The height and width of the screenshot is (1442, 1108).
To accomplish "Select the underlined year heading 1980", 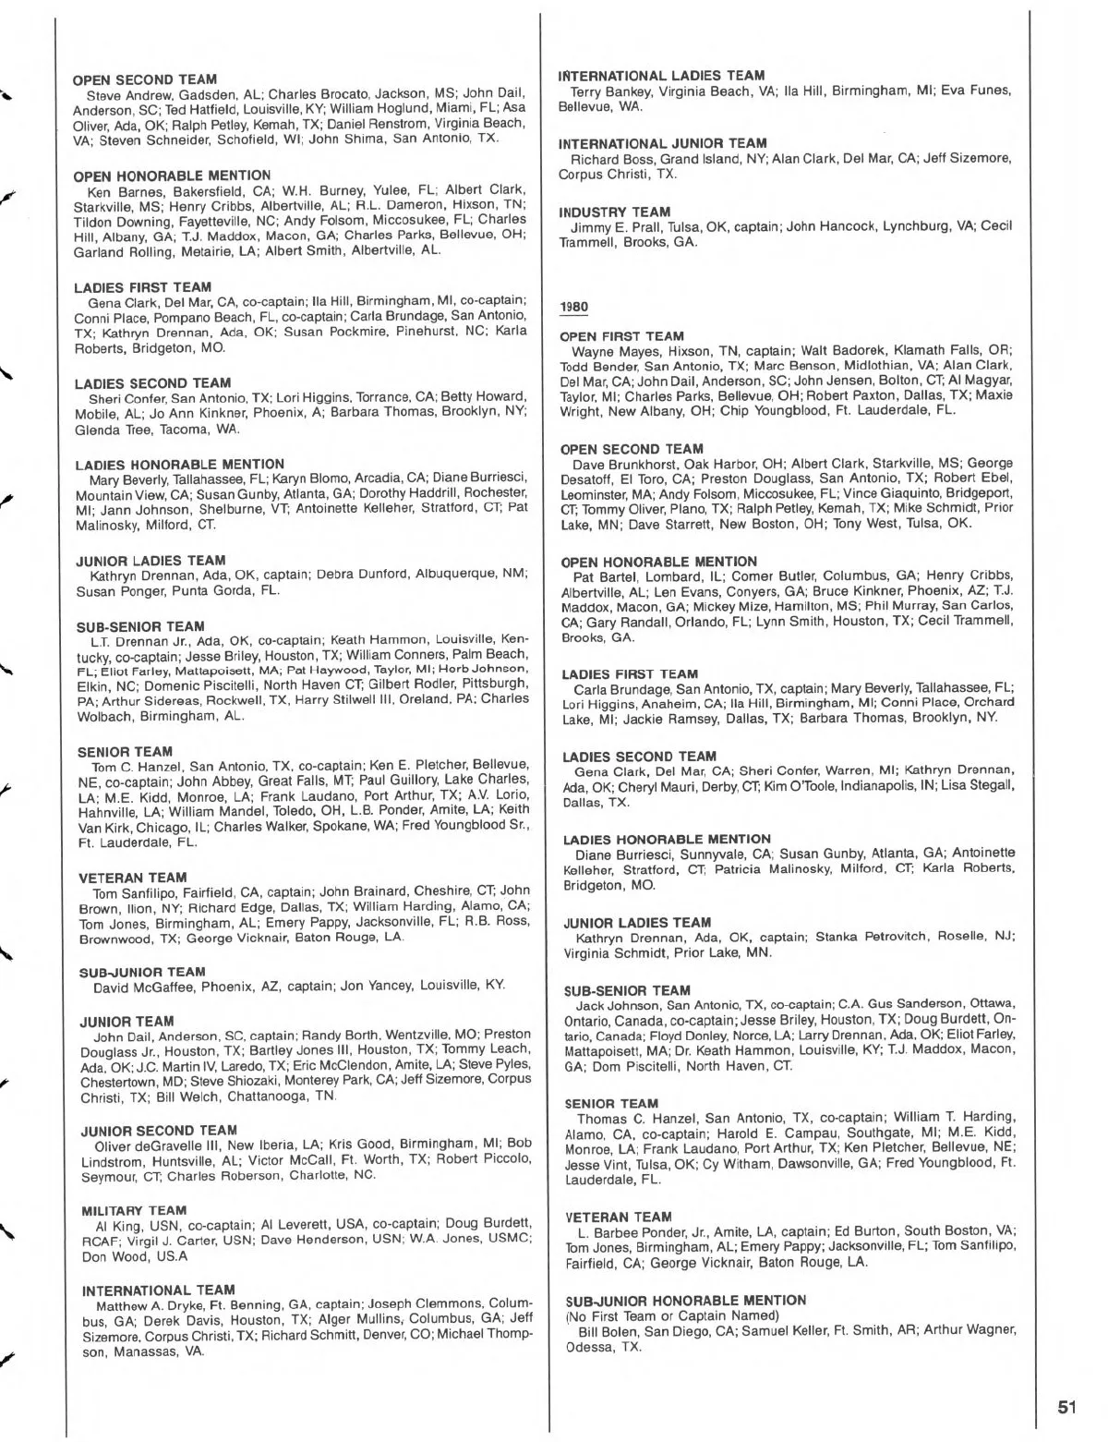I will click(573, 308).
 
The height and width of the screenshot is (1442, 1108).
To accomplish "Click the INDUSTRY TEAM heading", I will click(613, 212).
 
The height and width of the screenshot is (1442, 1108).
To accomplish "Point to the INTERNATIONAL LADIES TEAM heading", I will click(662, 76).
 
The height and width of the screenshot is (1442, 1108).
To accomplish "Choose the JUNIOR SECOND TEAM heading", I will click(159, 1131).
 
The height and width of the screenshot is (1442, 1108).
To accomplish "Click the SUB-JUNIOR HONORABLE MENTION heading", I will click(685, 1300).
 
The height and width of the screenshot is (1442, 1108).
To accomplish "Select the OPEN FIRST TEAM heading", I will click(622, 336).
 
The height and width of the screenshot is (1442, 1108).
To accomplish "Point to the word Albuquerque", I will click(458, 575).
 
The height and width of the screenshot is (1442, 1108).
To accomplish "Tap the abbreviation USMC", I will click(506, 1239).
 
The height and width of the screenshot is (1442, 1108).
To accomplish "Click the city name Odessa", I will click(585, 1347).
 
